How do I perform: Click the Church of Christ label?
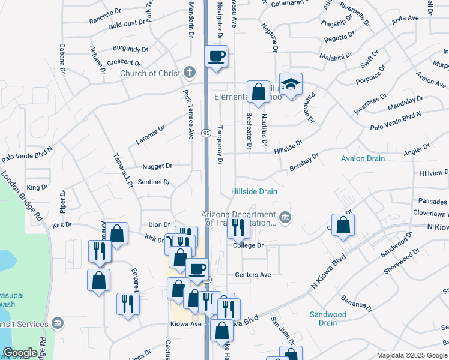pyautogui.click(x=150, y=74)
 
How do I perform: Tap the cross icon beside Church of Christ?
pyautogui.click(x=190, y=73)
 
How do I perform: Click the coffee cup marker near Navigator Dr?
pyautogui.click(x=217, y=57)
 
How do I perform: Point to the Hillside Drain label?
pyautogui.click(x=255, y=191)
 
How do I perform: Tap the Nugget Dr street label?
pyautogui.click(x=157, y=166)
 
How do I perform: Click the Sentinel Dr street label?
pyautogui.click(x=154, y=182)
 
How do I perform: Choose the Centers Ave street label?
pyautogui.click(x=253, y=275)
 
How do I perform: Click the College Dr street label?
pyautogui.click(x=249, y=245)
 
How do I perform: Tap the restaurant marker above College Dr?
pyautogui.click(x=238, y=227)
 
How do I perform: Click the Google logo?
pyautogui.click(x=20, y=353)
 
